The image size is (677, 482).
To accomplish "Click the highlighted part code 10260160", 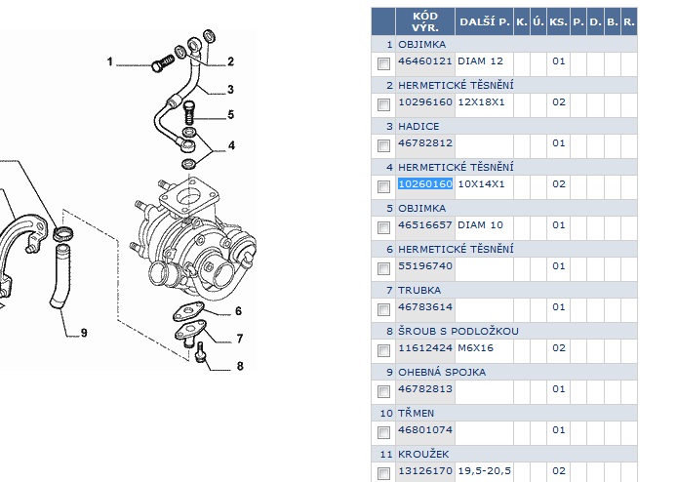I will (425, 183).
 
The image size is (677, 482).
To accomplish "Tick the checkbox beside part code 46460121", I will (383, 61).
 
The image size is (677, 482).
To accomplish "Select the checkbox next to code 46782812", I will (383, 143).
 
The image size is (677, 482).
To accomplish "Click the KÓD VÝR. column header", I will (425, 21).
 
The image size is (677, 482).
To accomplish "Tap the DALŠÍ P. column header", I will (484, 21).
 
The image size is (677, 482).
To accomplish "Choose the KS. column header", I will (558, 21).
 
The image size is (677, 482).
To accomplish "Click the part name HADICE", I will (418, 126).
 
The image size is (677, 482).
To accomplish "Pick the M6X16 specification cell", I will (476, 347).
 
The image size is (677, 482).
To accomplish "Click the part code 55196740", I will (425, 265).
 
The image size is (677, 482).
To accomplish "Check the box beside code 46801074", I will (383, 430).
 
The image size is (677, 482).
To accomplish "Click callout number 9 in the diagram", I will (84, 333).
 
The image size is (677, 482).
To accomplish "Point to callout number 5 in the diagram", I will (231, 114).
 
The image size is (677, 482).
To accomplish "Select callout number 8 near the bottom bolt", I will (239, 367).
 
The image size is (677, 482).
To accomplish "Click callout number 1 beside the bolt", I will (110, 61).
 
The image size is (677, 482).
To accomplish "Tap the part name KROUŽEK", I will (421, 454).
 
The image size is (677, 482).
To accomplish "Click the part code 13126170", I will (425, 470).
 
